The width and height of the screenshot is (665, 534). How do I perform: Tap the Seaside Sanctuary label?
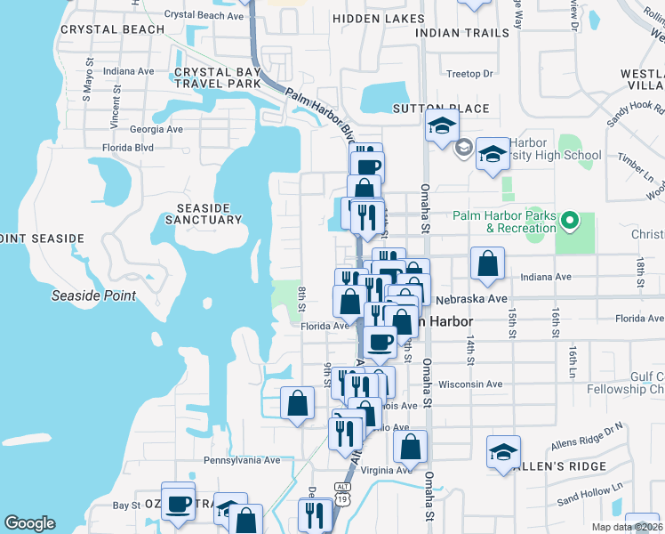click(203, 213)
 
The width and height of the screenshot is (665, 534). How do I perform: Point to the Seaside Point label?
click(94, 295)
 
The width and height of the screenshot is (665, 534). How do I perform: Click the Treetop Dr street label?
click(469, 74)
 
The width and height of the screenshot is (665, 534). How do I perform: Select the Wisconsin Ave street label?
click(471, 384)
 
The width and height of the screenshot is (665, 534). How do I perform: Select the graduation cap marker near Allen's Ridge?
click(503, 452)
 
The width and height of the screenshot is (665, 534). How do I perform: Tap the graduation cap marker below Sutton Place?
click(441, 127)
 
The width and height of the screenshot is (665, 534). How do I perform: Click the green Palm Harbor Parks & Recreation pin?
click(572, 219)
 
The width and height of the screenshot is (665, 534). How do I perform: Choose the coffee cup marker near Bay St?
click(178, 502)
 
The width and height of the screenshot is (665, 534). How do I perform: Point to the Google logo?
click(29, 524)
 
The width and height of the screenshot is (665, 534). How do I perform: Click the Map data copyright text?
click(626, 527)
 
